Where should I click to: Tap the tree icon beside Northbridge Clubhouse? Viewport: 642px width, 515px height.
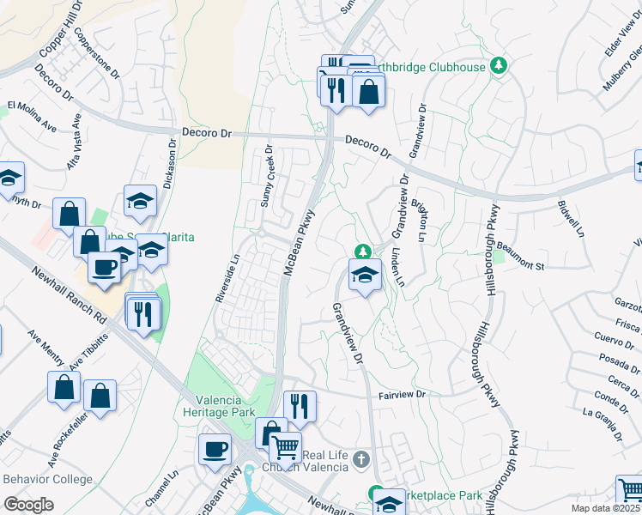pyautogui.click(x=498, y=65)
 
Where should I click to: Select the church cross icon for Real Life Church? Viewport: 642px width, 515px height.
pyautogui.click(x=361, y=460)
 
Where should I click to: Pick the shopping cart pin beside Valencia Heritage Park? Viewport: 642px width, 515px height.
pyautogui.click(x=285, y=446)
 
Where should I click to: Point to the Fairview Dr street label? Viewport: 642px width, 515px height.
pyautogui.click(x=403, y=396)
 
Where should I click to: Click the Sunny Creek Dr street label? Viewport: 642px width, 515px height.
pyautogui.click(x=267, y=177)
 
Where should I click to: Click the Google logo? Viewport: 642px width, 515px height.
pyautogui.click(x=28, y=504)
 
